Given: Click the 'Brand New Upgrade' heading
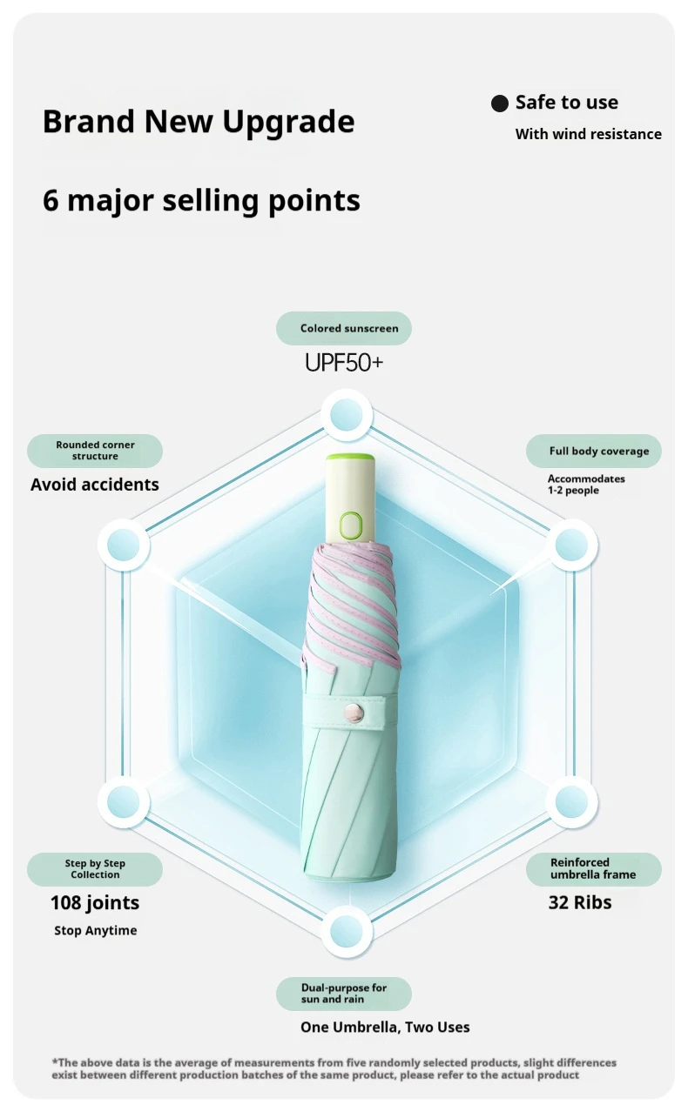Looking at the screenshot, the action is coord(199,121).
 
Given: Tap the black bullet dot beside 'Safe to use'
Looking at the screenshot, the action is coord(500,104).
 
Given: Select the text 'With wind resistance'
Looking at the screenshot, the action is coord(588,134).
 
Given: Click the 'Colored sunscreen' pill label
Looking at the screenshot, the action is coord(344,328).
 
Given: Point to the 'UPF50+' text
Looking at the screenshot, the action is coord(344,363).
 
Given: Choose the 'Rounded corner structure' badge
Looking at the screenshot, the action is coord(95,451).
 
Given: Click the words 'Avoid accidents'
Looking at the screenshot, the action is coord(94,485).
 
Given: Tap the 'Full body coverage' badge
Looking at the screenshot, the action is coord(594,451).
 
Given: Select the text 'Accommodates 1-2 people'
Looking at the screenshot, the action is coord(586,485).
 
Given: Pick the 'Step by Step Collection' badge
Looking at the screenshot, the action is coord(95,869).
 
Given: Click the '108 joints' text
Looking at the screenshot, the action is coord(95,903).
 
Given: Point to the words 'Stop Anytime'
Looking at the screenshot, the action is coord(96,930).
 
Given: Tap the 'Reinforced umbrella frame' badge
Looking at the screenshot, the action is coord(594,869).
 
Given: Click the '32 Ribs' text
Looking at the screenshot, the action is coord(580,902).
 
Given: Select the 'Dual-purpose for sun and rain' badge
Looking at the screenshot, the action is coord(344,994).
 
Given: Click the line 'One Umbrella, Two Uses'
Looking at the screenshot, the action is coord(385,1028).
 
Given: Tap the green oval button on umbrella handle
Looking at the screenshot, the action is coord(351,525).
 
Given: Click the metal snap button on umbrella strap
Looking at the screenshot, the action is coord(354,713).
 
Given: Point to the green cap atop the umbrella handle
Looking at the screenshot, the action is coord(350,457).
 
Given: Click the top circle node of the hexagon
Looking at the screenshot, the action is coord(347,415).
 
